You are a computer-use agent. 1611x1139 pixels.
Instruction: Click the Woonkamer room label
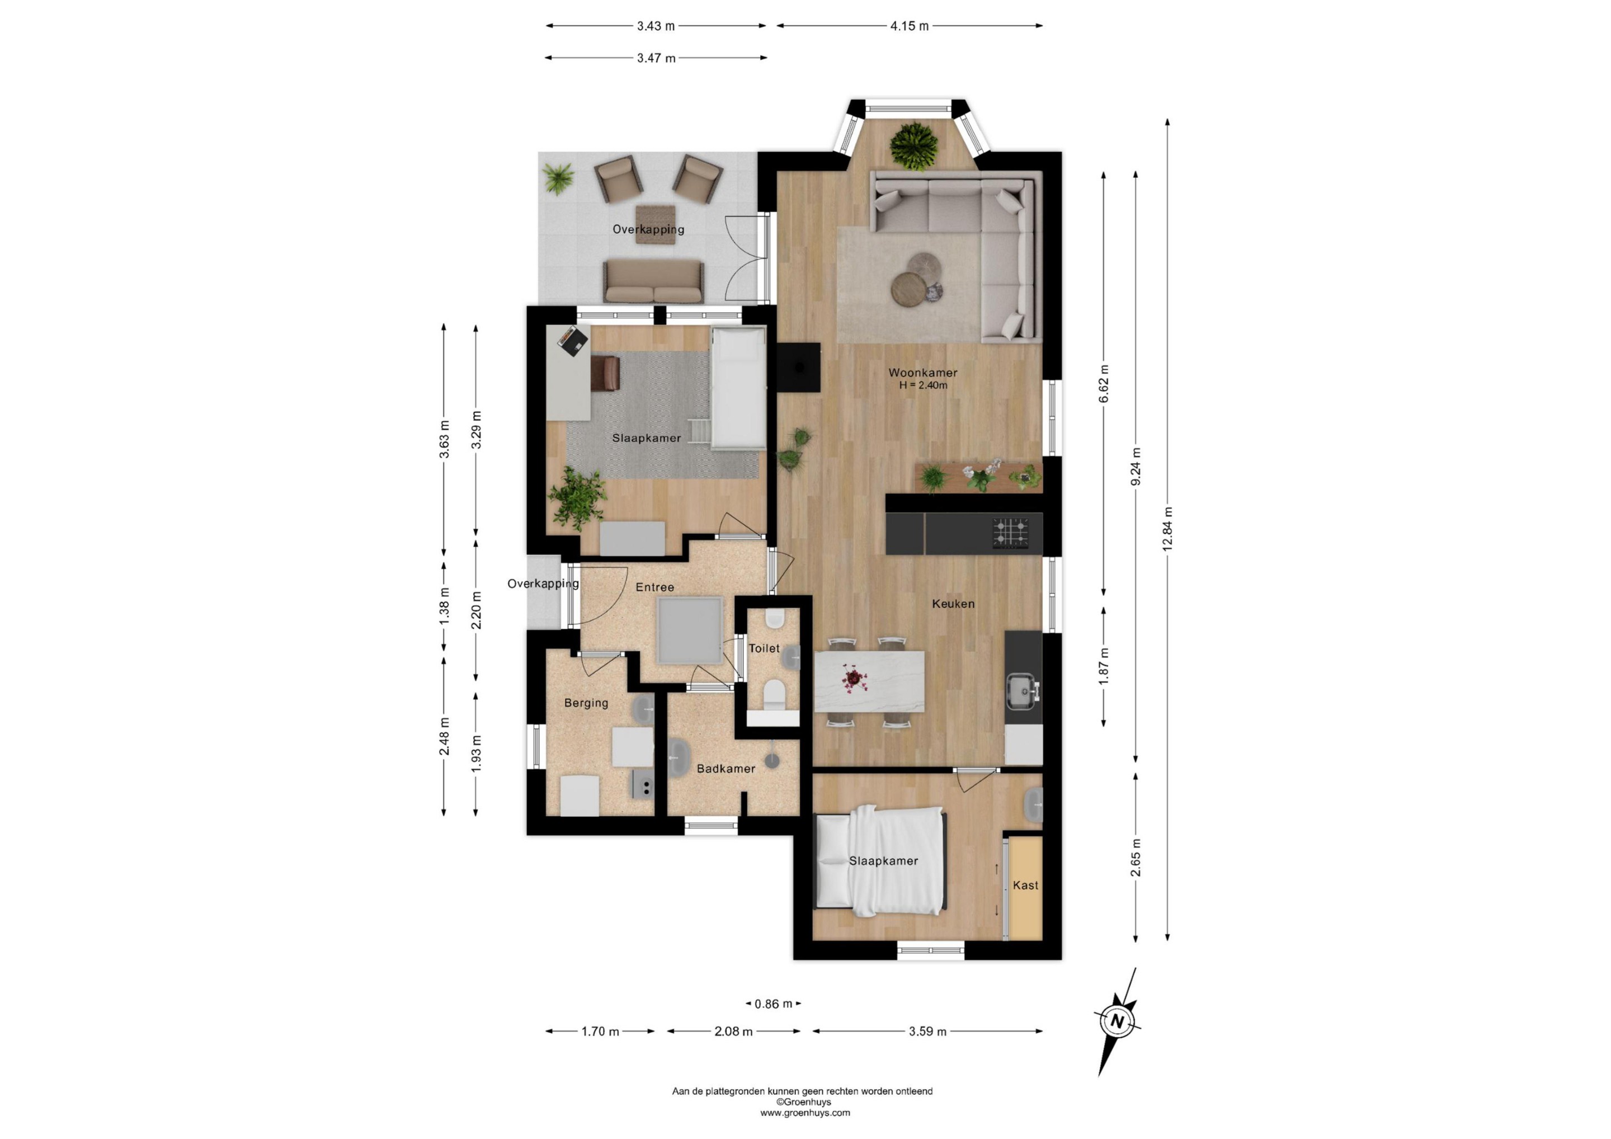922,373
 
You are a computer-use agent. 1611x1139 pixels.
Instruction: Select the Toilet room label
764,648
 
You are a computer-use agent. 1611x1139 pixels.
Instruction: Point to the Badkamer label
726,769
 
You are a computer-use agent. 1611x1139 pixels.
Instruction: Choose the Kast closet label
1025,886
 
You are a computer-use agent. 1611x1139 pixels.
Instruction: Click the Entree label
654,587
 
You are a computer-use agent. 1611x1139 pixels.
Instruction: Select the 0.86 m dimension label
773,1004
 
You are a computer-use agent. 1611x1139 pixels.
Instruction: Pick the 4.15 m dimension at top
910,26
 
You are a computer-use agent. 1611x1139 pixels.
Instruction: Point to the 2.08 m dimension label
733,1032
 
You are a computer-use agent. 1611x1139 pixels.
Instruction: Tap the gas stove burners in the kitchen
1010,533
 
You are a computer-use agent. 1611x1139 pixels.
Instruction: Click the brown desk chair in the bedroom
605,373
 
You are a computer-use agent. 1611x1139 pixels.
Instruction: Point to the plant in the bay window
913,147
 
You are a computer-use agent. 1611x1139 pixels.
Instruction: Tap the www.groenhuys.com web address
805,1112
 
